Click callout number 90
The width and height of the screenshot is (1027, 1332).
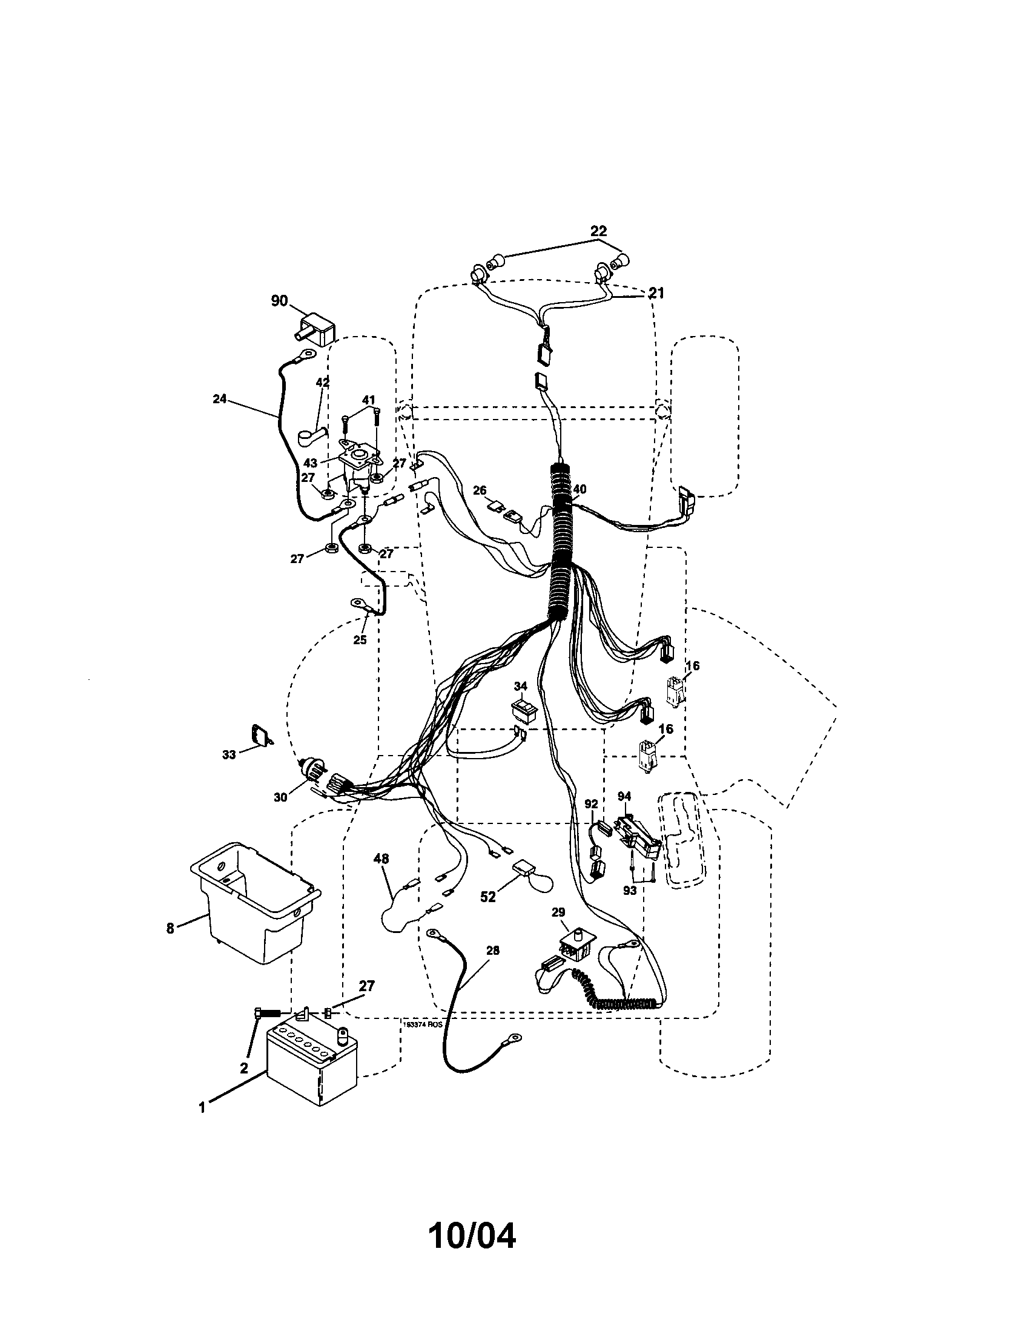tap(279, 301)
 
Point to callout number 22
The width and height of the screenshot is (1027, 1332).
tap(598, 231)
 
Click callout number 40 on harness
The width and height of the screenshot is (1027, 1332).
tap(580, 489)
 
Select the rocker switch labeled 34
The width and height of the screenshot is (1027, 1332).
tap(523, 708)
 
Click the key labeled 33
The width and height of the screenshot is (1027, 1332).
tap(260, 734)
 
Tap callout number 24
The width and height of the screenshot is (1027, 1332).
tap(220, 399)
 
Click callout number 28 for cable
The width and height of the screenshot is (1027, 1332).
tap(493, 951)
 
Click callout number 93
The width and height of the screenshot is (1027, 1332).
tap(630, 890)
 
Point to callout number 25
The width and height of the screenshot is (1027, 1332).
tap(360, 640)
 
